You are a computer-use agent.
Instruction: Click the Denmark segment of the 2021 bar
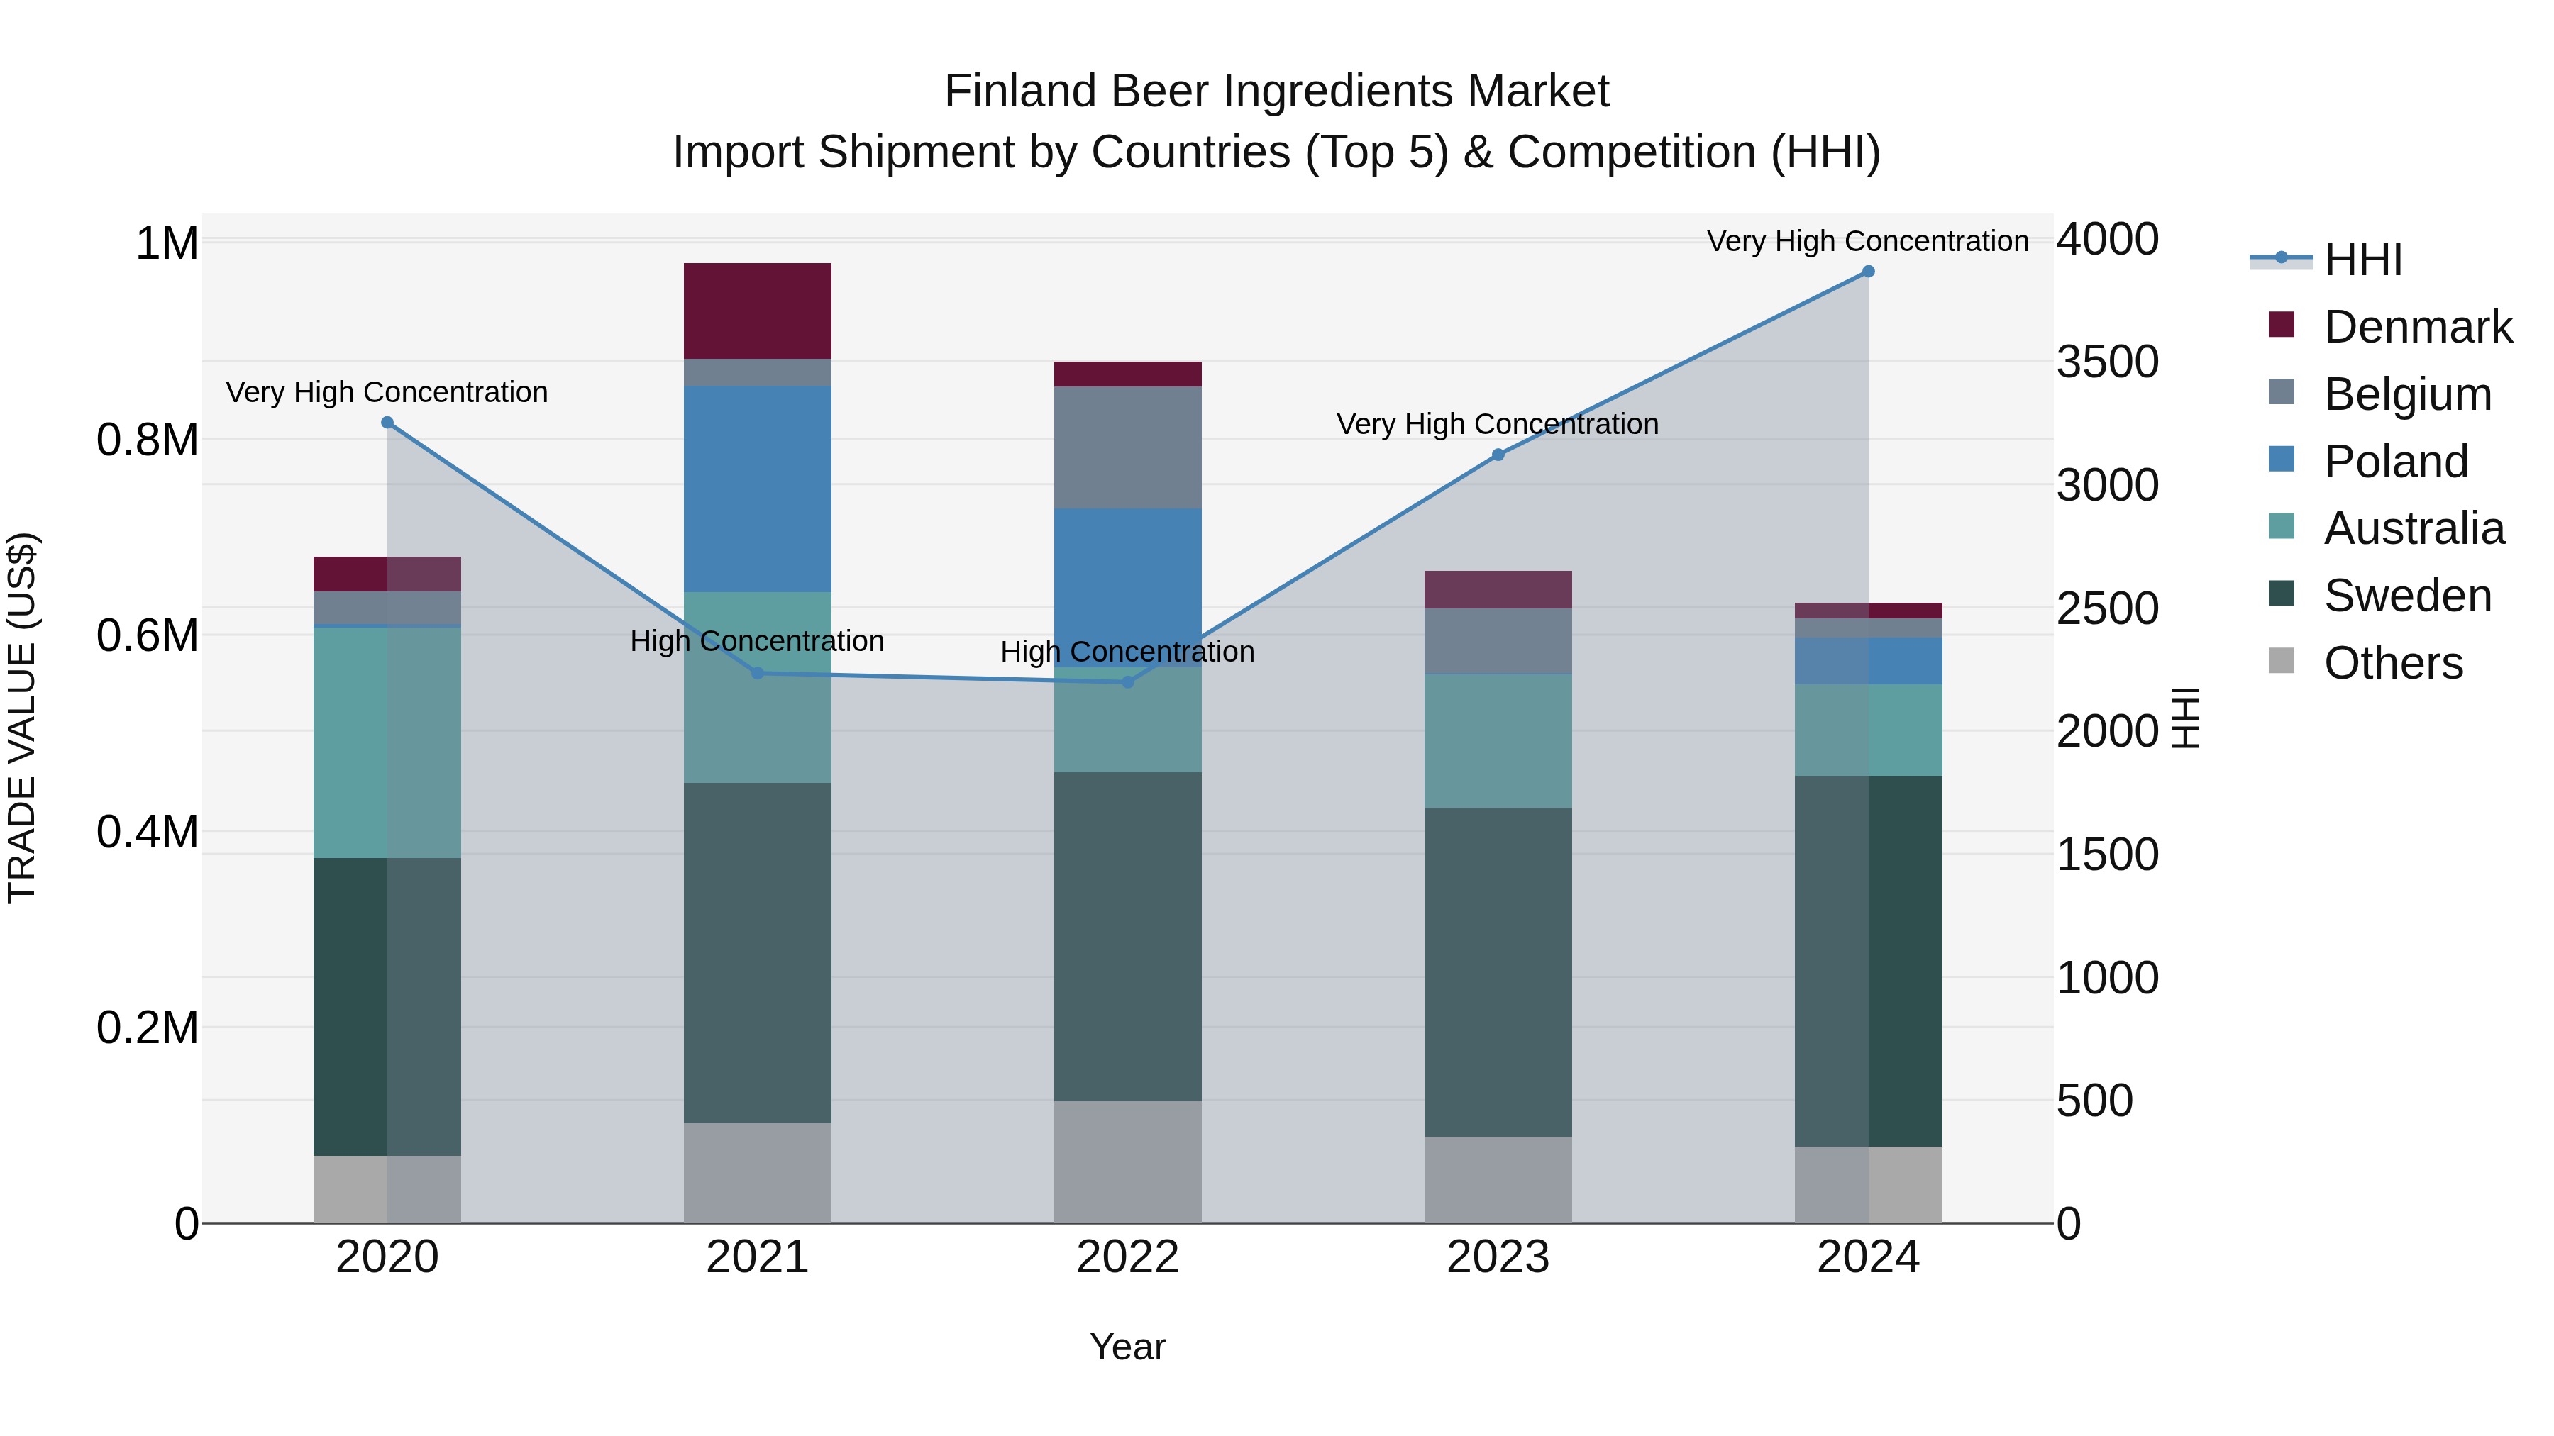coord(758,310)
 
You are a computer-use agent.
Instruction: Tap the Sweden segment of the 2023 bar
coord(1497,972)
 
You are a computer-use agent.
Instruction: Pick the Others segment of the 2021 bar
coord(758,1172)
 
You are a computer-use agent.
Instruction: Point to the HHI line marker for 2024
coord(1868,272)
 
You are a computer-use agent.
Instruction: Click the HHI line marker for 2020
coord(387,422)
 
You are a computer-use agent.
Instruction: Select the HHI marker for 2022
coord(1127,681)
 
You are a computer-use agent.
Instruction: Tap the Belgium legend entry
coord(2407,394)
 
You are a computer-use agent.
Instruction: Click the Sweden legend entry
coord(2407,596)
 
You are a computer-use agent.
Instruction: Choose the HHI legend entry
coord(2362,260)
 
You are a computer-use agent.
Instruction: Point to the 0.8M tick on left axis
coord(148,440)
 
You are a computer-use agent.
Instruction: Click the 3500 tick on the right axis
coord(2107,362)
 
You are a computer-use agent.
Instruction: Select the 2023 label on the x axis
coord(1497,1257)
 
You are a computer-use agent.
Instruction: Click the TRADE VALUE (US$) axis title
coord(22,718)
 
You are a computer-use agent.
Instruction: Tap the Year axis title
coord(1127,1347)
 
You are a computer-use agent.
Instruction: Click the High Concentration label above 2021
coord(758,641)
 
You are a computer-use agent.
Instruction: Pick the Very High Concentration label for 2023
coord(1497,424)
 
